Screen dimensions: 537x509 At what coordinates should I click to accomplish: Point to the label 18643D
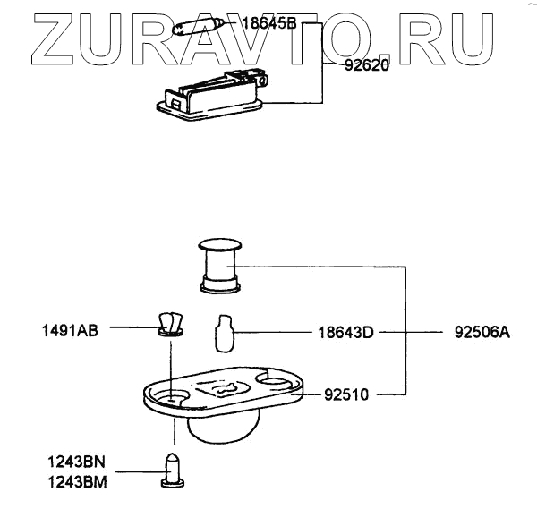pos(345,331)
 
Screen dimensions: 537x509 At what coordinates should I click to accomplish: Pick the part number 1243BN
pos(77,462)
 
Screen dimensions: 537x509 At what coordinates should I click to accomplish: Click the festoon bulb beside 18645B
pos(200,28)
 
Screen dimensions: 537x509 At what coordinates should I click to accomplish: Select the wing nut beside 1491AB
pos(169,323)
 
